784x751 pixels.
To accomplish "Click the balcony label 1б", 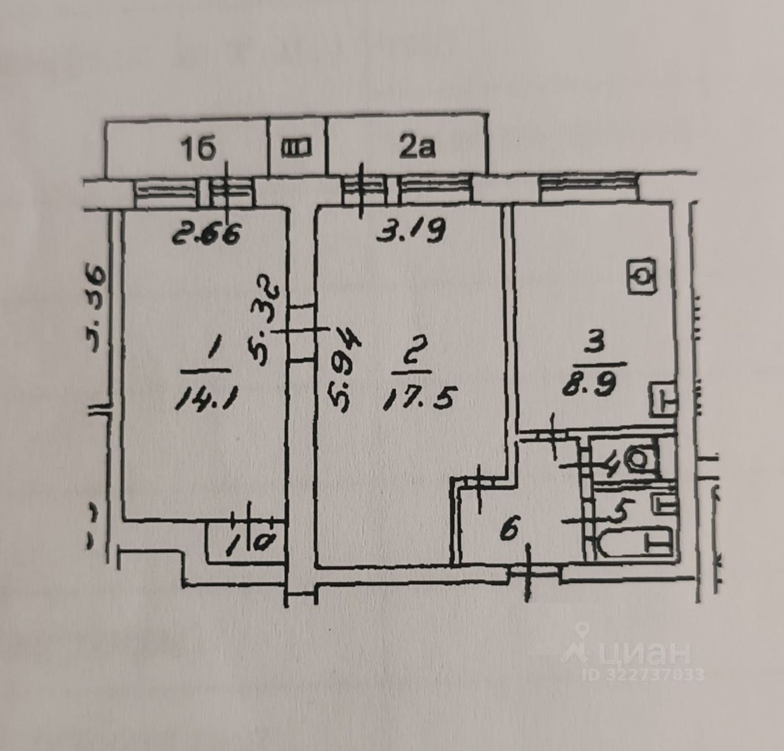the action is (x=198, y=150).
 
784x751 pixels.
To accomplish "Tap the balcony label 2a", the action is (x=417, y=148).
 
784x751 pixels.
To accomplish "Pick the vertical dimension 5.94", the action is (x=344, y=377).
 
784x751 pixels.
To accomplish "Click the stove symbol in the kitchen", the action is (x=642, y=277).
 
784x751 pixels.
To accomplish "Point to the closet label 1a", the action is (x=245, y=542).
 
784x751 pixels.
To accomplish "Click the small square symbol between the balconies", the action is (x=297, y=148).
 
